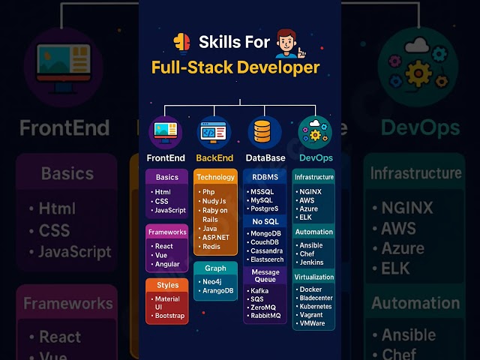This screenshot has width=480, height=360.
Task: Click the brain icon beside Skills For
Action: pos(181,43)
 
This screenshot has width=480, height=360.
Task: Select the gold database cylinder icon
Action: pos(262,130)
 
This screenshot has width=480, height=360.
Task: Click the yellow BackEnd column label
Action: pos(214,158)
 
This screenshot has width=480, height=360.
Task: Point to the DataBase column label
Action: pos(265,158)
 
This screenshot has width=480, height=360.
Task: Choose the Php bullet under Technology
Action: pos(208,192)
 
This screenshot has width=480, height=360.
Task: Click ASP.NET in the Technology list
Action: pos(216,237)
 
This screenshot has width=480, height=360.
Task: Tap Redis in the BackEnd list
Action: pos(212,247)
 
